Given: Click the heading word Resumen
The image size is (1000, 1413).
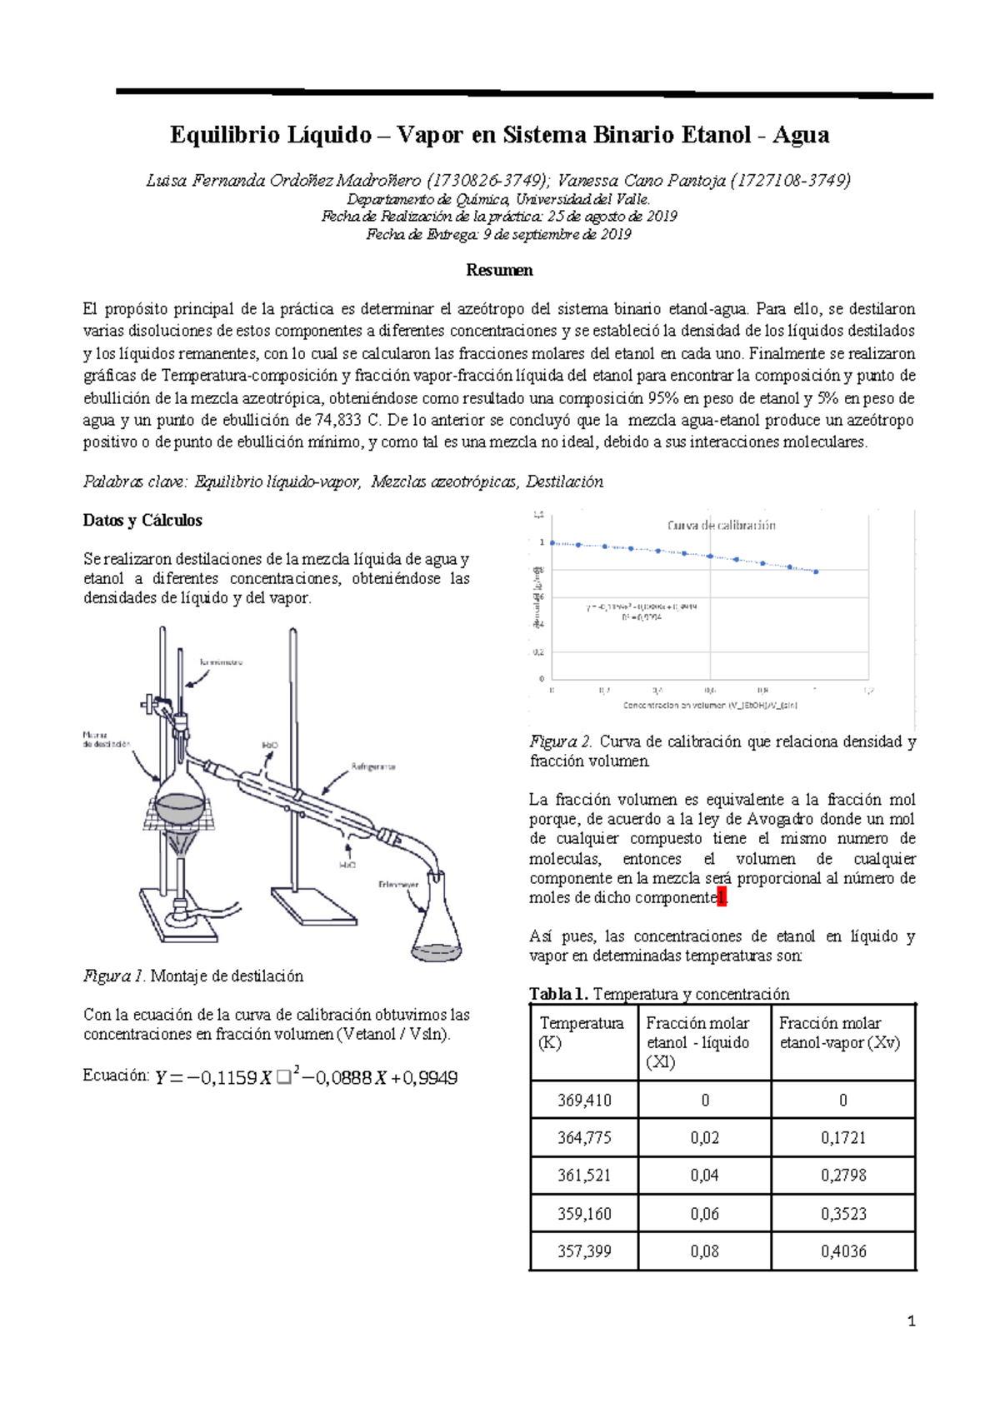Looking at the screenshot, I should [x=499, y=270].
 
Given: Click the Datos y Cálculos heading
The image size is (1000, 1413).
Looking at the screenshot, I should [x=142, y=520].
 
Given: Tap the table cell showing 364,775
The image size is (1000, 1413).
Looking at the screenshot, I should [x=584, y=1137].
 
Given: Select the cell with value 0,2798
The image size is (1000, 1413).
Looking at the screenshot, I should [x=843, y=1175].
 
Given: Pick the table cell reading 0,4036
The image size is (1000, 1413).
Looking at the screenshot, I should [x=843, y=1251].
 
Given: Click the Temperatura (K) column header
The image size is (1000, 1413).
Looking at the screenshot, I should [x=582, y=1033].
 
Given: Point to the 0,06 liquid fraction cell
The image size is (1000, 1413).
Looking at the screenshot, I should [x=704, y=1214].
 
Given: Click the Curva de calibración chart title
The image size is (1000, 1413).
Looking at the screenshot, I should [x=721, y=525].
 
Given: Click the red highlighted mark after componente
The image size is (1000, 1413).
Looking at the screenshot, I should [x=722, y=898].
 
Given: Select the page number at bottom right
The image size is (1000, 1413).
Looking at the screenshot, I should [x=911, y=1321].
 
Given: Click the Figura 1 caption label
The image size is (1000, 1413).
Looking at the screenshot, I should [x=114, y=976].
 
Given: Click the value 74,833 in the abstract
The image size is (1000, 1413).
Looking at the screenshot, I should [x=338, y=420].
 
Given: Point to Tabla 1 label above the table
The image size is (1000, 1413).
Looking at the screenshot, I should [x=558, y=994].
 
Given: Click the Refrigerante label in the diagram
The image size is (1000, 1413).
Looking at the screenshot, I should [x=372, y=766].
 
